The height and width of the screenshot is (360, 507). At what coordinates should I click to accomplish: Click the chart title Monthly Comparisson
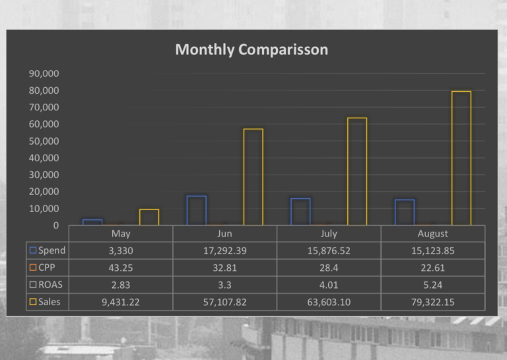click(251, 50)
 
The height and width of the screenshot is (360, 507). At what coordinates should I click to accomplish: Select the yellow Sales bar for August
click(461, 159)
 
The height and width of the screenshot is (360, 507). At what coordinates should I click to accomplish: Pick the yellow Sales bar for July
click(356, 172)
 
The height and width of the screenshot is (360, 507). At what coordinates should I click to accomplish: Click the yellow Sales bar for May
click(149, 217)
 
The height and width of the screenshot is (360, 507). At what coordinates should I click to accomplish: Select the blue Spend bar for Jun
click(196, 211)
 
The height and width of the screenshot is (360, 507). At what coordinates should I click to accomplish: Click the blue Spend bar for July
click(300, 212)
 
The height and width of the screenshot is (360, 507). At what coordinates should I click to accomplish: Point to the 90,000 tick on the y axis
click(44, 73)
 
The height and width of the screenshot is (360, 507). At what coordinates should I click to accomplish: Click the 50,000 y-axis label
click(44, 141)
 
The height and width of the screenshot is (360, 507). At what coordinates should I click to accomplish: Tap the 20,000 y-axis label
click(44, 192)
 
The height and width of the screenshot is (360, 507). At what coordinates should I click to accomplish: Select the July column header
click(328, 233)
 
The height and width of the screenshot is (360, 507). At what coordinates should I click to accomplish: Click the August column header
click(432, 233)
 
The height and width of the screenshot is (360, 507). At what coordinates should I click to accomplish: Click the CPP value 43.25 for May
click(121, 268)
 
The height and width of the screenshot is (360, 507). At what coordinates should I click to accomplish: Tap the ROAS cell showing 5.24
click(432, 285)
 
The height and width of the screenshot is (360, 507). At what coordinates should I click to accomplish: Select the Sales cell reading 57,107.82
click(224, 302)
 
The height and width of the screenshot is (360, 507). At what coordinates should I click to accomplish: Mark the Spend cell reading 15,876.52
click(328, 250)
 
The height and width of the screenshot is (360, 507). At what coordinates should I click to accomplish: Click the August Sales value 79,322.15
click(432, 302)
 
